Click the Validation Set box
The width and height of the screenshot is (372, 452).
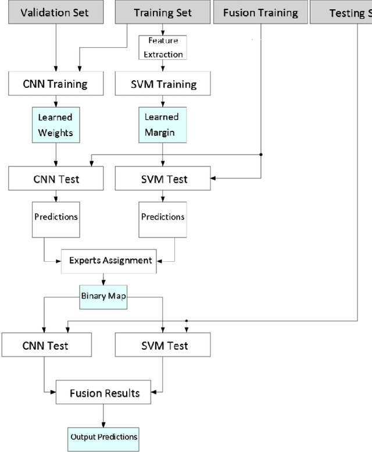click(x=55, y=12)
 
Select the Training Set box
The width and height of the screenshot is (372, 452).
click(x=162, y=12)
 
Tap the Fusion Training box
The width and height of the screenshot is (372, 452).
click(x=260, y=12)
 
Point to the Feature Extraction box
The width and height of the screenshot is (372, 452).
click(x=162, y=48)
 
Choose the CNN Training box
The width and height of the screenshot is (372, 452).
click(x=56, y=84)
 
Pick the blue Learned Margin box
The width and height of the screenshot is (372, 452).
click(x=162, y=124)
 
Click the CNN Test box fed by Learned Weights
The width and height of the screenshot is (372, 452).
click(x=56, y=179)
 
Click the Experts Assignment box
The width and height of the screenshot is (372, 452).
click(x=111, y=261)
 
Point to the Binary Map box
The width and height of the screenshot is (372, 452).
click(x=103, y=297)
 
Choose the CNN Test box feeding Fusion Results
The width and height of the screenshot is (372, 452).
click(x=46, y=346)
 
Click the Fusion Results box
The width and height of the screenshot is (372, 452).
click(x=105, y=393)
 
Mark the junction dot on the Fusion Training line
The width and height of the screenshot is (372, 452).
click(x=260, y=155)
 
